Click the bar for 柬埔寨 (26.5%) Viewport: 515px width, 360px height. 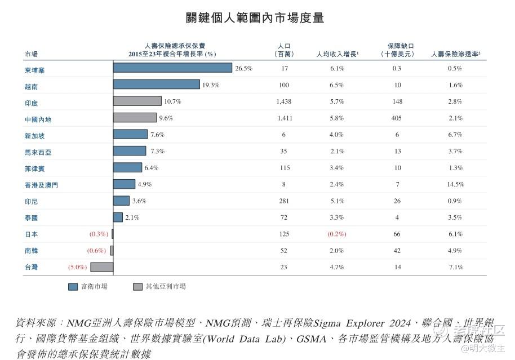pyautogui.click(x=173, y=68)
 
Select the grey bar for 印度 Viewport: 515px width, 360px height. pyautogui.click(x=137, y=101)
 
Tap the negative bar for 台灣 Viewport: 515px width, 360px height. pyautogui.click(x=102, y=267)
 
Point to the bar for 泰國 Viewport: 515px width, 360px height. pyautogui.click(x=118, y=217)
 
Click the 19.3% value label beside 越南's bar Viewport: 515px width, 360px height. pyautogui.click(x=211, y=85)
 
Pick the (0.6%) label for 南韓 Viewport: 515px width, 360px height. pyautogui.click(x=96, y=251)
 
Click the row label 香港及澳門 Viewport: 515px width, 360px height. pyautogui.click(x=41, y=185)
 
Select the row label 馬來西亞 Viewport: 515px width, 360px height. pyautogui.click(x=38, y=153)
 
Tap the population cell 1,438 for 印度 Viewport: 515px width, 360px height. pyautogui.click(x=284, y=101)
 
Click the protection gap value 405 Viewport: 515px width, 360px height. pyautogui.click(x=397, y=118)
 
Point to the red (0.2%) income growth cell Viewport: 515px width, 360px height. pyautogui.click(x=336, y=234)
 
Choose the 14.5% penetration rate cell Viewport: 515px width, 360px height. pyautogui.click(x=455, y=184)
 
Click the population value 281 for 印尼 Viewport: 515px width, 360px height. pyautogui.click(x=284, y=201)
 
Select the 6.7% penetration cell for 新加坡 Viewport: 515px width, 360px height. pyautogui.click(x=455, y=134)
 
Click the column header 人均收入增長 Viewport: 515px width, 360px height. pyautogui.click(x=338, y=54)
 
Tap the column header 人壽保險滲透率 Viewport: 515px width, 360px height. pyautogui.click(x=455, y=54)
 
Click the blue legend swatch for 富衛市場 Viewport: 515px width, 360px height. pyautogui.click(x=73, y=287)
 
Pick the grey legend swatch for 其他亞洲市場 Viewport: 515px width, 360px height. pyautogui.click(x=137, y=287)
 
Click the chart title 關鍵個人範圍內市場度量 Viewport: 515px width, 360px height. pyautogui.click(x=255, y=17)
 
